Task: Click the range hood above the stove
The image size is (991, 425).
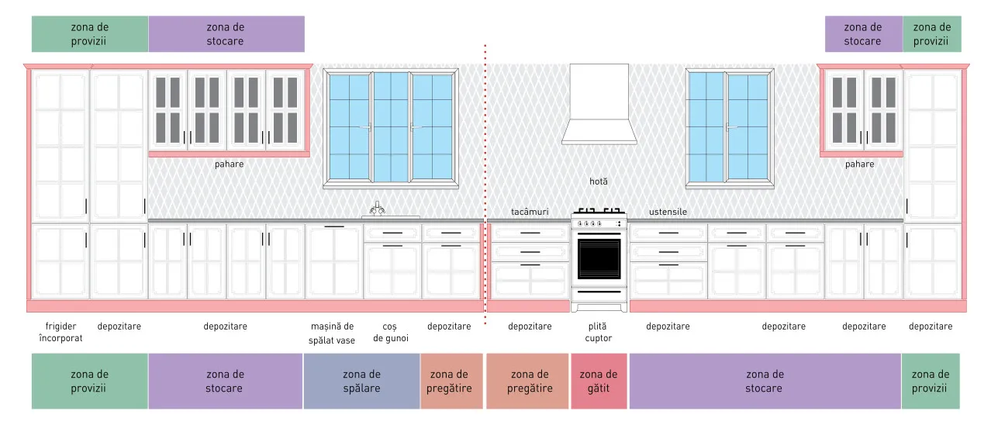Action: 599,105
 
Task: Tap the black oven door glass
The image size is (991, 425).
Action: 599,259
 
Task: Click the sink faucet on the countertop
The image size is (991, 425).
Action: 377,209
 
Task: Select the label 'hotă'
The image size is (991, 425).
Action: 599,181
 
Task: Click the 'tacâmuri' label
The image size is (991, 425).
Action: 530,212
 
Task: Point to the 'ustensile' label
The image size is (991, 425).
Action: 668,212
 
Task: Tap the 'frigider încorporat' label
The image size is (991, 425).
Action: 60,332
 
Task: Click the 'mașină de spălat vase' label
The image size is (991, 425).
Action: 332,333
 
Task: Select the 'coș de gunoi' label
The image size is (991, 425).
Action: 390,333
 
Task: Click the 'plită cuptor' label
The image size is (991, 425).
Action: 598,332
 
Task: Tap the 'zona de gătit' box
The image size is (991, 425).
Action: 599,381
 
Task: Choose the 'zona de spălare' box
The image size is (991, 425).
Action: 361,381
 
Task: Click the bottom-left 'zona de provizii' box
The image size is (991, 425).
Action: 89,381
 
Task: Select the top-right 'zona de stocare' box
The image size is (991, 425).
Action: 863,34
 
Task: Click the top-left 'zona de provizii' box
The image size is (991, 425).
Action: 90,34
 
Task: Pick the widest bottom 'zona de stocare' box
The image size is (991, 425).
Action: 765,381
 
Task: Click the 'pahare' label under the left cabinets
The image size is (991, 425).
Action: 230,164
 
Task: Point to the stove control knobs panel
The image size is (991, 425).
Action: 599,224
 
